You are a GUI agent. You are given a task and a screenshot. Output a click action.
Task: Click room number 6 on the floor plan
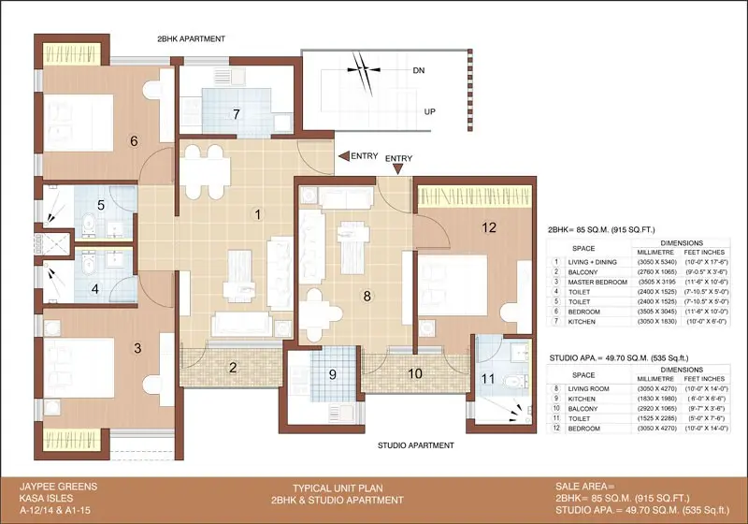coord(134,141)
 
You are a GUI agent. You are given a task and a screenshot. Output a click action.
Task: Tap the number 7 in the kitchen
coord(237,114)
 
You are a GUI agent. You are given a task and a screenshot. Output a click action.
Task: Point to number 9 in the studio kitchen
coord(319,377)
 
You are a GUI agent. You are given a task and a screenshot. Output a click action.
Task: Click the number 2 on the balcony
coord(233,368)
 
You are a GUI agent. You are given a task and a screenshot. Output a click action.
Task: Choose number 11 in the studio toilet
coord(486,379)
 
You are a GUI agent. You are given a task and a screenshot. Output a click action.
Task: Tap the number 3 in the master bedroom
coord(137,348)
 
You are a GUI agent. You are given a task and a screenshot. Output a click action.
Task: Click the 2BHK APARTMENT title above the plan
coord(192,38)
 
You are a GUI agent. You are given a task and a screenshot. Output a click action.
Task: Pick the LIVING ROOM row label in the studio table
coord(588,386)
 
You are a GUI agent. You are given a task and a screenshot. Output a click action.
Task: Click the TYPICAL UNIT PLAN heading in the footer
coord(331,488)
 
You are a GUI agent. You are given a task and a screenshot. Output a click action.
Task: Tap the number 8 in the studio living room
coord(367,297)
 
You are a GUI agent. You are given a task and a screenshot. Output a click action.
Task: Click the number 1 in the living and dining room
coord(259,214)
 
